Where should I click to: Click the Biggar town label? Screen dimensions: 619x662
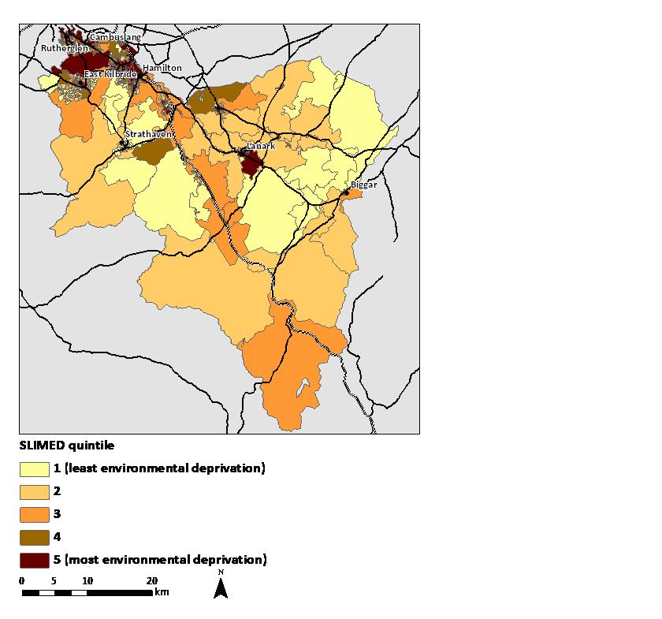(364, 185)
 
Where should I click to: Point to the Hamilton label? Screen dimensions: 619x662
(162, 69)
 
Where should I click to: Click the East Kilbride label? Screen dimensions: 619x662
(110, 75)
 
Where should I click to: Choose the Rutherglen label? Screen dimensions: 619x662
(65, 49)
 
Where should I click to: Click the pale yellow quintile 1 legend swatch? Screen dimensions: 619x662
(34, 469)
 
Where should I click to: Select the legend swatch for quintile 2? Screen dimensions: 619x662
(34, 491)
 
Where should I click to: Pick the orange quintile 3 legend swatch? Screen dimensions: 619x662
(34, 514)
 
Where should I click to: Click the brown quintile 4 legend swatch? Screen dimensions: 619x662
(34, 537)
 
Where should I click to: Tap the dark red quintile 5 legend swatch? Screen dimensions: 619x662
(34, 560)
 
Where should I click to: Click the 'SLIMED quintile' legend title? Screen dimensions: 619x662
(61, 446)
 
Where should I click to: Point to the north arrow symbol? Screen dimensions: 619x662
(221, 587)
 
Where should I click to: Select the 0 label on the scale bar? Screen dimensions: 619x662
(22, 581)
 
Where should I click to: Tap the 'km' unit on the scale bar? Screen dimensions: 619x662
(162, 591)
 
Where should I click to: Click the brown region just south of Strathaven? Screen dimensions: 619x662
(150, 151)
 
